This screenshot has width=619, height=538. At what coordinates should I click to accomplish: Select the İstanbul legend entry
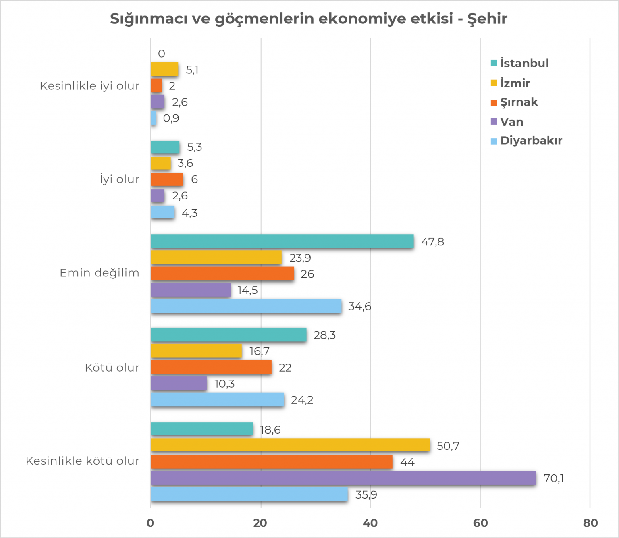tap(524, 63)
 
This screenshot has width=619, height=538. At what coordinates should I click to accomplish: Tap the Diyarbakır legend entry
tap(531, 141)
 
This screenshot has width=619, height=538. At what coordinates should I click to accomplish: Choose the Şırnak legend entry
tap(519, 102)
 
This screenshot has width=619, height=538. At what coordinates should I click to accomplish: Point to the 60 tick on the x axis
tap(480, 523)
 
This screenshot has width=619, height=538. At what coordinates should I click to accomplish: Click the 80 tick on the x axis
tap(590, 523)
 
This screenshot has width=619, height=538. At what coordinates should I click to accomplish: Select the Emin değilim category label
tap(100, 273)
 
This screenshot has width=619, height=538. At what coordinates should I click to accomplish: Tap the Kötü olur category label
tap(112, 368)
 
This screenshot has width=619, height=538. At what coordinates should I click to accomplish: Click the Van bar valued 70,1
tap(343, 478)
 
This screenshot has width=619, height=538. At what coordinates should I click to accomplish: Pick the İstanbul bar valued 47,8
tap(282, 241)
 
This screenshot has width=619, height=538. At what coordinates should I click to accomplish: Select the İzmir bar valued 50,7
tap(290, 445)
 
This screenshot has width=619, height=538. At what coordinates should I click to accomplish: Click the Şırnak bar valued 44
tap(272, 462)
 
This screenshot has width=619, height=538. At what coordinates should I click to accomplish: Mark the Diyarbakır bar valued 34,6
tap(246, 306)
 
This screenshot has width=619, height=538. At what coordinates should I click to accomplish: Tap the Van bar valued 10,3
tap(179, 383)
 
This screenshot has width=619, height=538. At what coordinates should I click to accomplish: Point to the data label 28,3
tap(324, 335)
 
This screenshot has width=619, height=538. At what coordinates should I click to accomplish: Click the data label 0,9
tap(171, 118)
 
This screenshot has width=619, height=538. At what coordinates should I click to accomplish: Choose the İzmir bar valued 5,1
tap(164, 69)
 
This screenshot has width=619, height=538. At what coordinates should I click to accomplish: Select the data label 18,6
tap(270, 430)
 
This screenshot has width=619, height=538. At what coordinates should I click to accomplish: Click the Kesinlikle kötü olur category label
tap(83, 461)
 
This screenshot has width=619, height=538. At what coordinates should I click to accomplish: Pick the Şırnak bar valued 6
tap(167, 179)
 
